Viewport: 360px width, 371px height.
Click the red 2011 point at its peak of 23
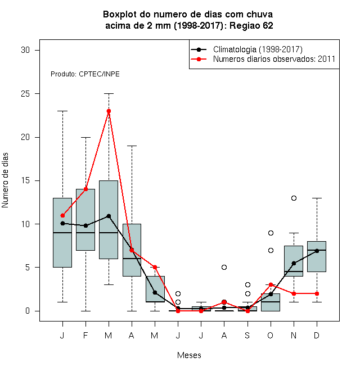pos(109,111)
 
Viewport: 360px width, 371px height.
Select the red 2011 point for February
pos(85,189)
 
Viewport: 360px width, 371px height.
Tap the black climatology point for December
pos(317,251)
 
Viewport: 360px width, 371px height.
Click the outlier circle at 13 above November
pos(294,198)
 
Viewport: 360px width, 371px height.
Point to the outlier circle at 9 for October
pos(271,233)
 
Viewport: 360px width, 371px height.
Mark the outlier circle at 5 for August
pos(224,268)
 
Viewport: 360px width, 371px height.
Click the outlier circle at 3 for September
pos(247,284)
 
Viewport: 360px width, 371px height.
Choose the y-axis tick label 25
pos(25,94)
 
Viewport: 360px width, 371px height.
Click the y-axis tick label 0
pos(28,311)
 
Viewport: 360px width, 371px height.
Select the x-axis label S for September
pos(247,335)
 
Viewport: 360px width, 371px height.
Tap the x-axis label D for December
pos(317,335)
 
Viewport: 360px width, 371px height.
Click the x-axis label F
pos(85,335)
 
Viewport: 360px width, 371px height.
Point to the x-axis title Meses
pos(189,355)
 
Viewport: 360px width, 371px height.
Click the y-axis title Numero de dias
pos(5,180)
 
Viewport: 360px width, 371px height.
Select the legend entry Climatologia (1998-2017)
pos(258,49)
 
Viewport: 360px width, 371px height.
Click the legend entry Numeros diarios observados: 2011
pos(274,59)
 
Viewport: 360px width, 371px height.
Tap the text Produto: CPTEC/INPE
pos(85,74)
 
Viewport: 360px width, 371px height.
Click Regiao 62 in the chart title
pos(251,25)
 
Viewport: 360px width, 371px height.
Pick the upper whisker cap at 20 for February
pos(85,137)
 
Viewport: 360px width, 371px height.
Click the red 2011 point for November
pos(294,293)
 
